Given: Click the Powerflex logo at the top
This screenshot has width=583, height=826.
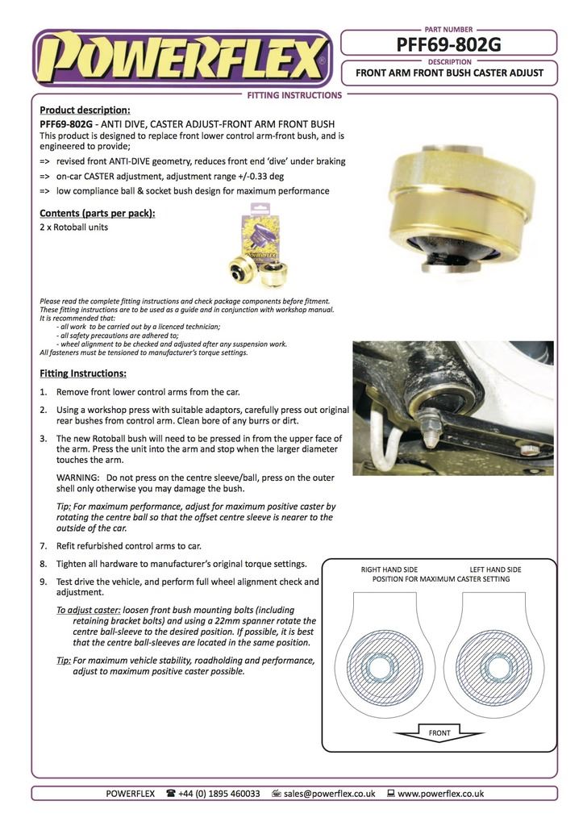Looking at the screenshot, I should tap(181, 59).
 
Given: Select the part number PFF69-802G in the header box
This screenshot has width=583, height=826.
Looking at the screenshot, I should tap(449, 44).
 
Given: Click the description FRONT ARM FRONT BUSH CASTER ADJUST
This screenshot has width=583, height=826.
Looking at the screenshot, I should tap(449, 73).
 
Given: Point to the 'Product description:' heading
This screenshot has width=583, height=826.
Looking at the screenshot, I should tap(85, 111).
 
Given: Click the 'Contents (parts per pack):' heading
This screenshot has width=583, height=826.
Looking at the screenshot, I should tap(98, 213).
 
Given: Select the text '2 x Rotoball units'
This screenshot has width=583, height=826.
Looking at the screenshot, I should tap(73, 227).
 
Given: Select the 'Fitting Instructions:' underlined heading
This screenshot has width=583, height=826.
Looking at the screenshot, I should tap(83, 373).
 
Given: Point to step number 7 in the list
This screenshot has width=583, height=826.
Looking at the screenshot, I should tap(44, 546).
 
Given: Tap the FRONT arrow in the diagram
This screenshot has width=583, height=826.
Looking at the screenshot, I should tap(439, 732).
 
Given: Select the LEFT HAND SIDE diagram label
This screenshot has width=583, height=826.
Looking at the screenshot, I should tap(495, 569).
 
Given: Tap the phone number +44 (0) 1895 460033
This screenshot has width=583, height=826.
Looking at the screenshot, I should tap(219, 793).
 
